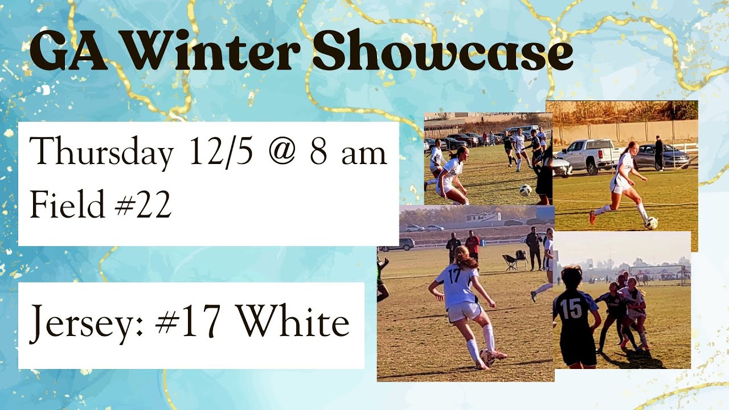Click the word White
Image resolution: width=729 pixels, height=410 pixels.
point(293,322)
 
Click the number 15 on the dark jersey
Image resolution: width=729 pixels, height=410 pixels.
point(571,308)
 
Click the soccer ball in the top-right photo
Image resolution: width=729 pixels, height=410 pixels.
point(651,223)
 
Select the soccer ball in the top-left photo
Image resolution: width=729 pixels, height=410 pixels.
point(525,190)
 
